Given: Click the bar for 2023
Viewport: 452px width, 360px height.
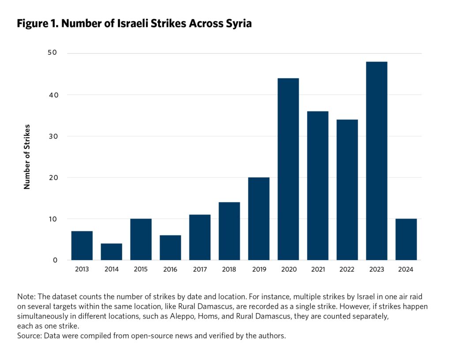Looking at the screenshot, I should coord(377,161).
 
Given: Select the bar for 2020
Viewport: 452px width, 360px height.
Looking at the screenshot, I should coord(288,169).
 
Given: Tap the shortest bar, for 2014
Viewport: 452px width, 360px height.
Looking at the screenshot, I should coord(111,251).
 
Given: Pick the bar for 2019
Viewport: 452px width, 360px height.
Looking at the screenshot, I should coord(259,219).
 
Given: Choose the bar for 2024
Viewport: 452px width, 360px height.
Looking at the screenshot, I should coord(406,239).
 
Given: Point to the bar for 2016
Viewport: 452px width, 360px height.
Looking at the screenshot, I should coord(170,247).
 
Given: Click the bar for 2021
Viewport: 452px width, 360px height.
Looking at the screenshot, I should coord(318,186).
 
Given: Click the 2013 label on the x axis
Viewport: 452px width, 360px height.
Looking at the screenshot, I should coord(82,269).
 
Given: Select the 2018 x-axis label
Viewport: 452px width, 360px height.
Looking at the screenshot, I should coord(229,269).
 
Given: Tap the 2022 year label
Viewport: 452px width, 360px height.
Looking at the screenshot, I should coord(347,269).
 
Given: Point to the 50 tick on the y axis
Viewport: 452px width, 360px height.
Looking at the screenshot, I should coord(53,53).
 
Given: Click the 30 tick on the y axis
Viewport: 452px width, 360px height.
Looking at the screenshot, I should coord(53,136).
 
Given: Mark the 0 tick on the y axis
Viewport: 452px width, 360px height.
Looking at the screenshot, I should coord(55,260).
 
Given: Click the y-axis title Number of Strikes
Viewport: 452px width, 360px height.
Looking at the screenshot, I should coord(27,157).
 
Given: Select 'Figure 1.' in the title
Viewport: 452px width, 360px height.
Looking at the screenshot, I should coord(38,24).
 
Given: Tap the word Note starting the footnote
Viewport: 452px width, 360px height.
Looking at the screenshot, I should coord(25,296).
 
